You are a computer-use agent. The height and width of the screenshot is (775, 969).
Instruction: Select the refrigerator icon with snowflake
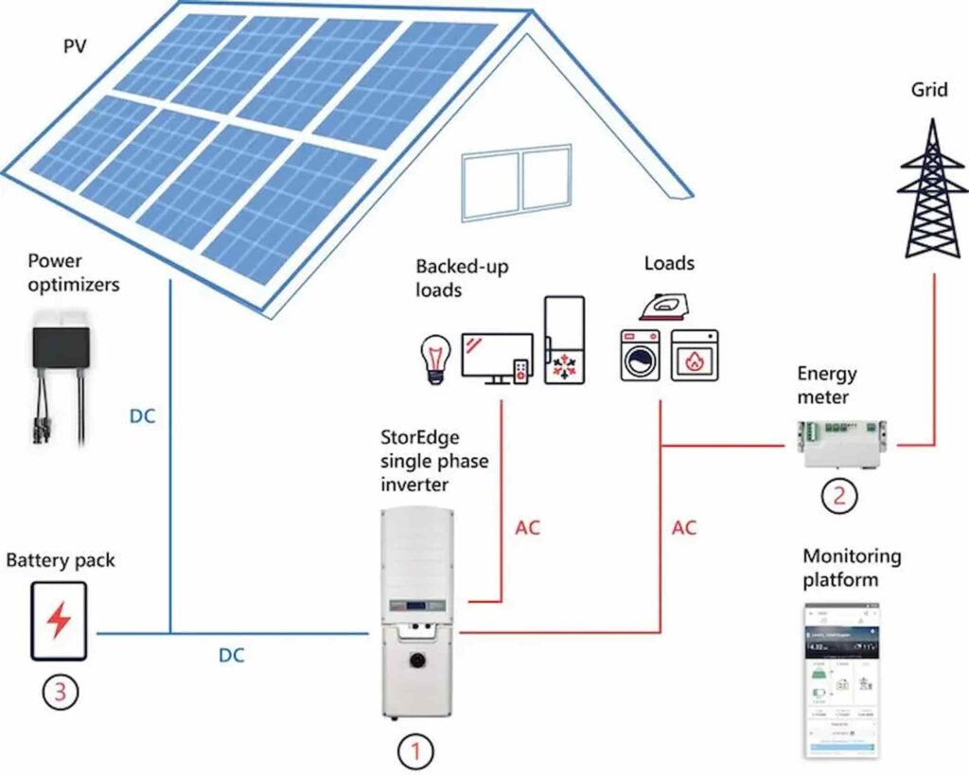(564, 340)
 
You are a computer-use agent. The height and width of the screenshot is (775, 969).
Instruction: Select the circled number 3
(60, 692)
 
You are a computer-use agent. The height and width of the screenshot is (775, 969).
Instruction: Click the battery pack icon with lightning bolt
(58, 621)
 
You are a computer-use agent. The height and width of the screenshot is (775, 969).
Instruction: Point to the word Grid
(929, 91)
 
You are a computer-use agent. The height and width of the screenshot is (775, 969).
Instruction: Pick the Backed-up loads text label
(461, 278)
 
